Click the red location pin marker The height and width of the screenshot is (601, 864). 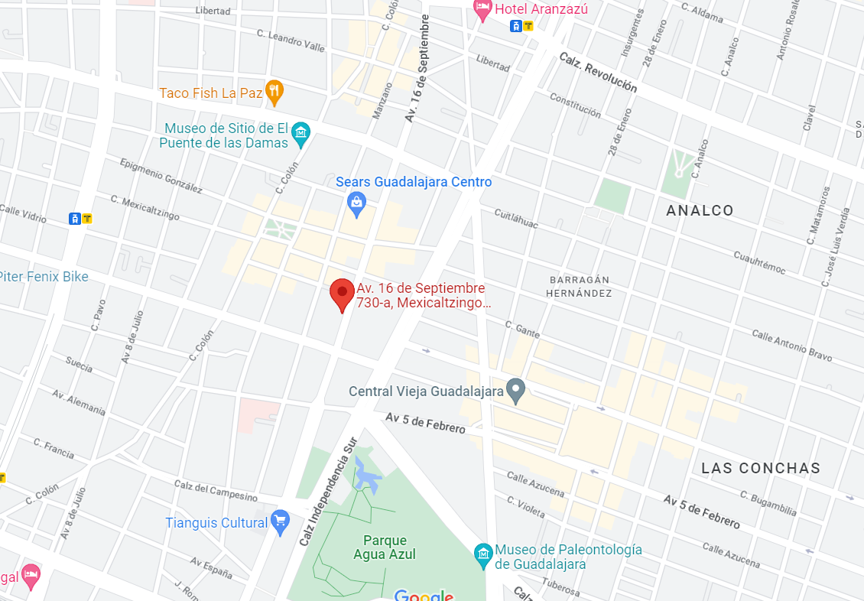pos(342,294)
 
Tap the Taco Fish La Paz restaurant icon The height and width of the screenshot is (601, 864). pos(274,93)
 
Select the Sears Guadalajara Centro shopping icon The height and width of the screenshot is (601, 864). pos(356,203)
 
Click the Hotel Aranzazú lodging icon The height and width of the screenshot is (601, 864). pos(482,9)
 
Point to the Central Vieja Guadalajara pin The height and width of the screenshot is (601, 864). pos(516,391)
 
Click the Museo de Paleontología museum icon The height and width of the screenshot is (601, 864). pos(483,551)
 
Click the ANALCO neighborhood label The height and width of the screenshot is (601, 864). pos(700,210)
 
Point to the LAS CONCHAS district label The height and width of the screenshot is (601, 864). pos(761,468)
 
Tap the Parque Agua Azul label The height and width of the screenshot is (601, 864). pos(385,547)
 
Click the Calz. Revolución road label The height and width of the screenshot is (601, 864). pos(598,73)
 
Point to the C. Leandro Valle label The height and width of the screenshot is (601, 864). pos(291,40)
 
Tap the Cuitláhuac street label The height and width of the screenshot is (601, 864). pos(516,218)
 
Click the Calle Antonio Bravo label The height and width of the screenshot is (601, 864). pos(791,346)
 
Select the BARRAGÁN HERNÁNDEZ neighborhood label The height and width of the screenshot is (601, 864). pos(579,287)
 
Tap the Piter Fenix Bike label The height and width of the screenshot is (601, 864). pos(44,277)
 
